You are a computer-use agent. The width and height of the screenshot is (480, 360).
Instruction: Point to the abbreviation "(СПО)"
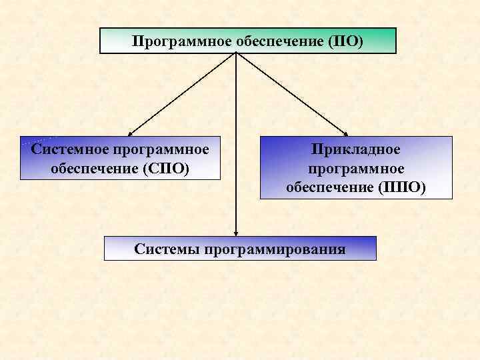tap(165, 167)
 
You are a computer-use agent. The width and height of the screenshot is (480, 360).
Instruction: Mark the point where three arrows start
tap(237, 54)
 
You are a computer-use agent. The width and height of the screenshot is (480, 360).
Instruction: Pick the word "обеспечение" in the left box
tap(93, 167)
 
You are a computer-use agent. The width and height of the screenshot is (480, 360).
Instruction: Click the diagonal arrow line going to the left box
tap(183, 93)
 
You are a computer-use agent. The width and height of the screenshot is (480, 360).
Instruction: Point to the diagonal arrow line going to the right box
tap(291, 93)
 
